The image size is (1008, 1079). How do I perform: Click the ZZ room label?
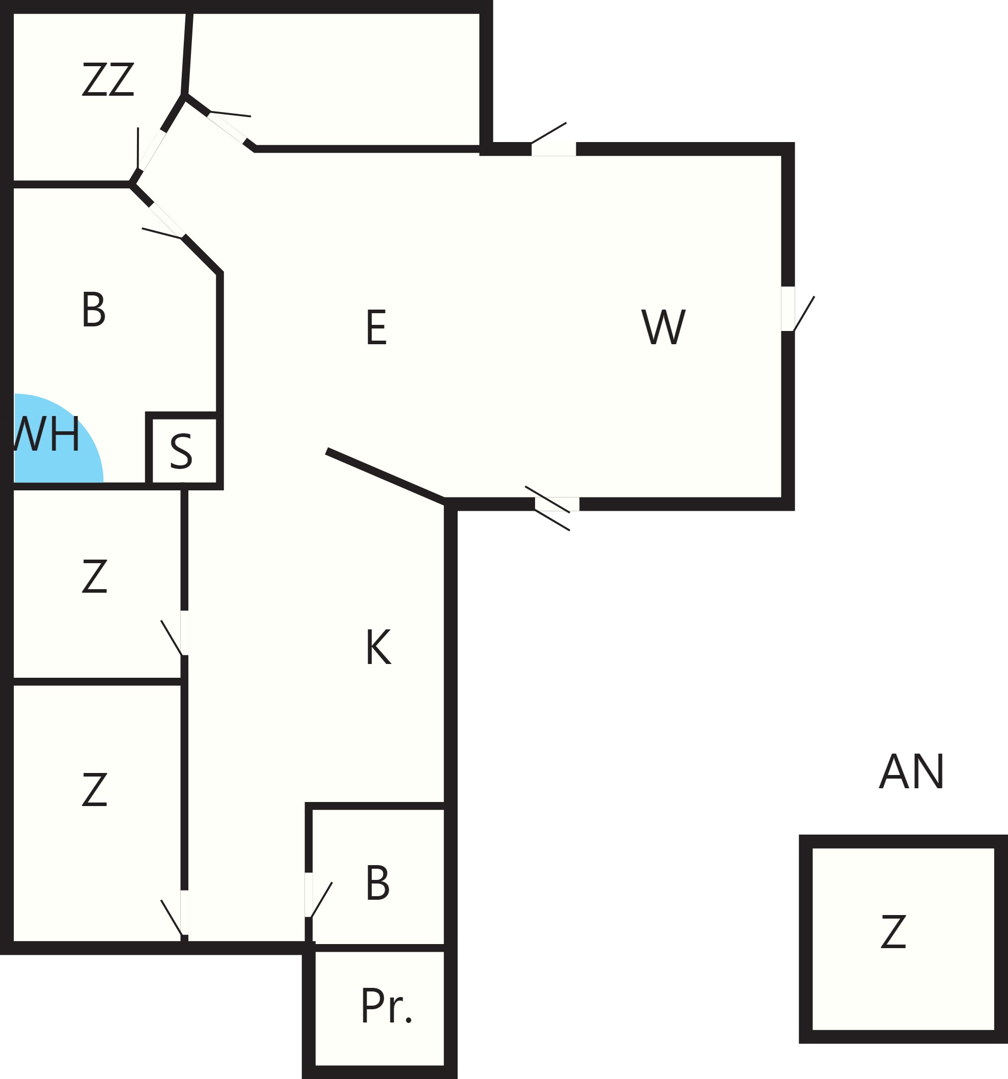coord(108,79)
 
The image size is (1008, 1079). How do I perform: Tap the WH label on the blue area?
coord(47,434)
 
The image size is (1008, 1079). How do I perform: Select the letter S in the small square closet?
coord(181,452)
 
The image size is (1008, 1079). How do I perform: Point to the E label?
coord(377,327)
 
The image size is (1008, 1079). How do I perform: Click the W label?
coord(663,327)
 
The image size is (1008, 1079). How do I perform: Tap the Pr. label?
coord(386,1006)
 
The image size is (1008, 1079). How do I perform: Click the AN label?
coord(912,771)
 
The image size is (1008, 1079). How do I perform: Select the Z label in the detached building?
coord(893,931)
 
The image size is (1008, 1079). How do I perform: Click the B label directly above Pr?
coord(378,883)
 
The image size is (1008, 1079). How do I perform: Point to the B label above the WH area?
coord(93,310)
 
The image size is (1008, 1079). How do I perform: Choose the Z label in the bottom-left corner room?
coord(94,789)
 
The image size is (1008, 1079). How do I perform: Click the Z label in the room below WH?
coord(94,576)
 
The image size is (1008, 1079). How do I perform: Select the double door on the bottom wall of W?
coord(552,508)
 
